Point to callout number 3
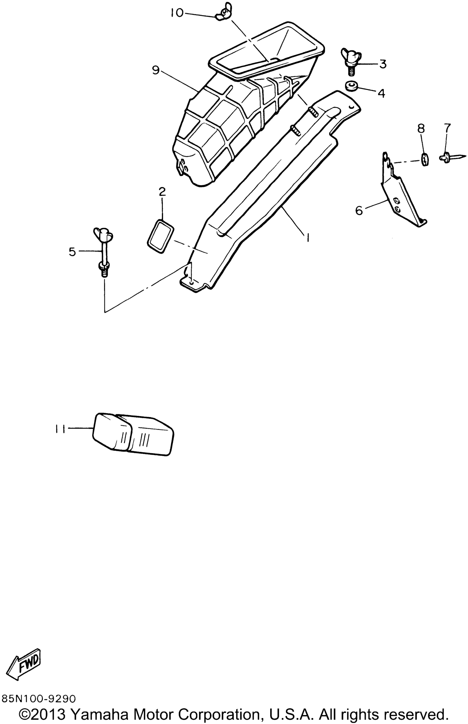pyautogui.click(x=382, y=64)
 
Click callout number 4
pyautogui.click(x=381, y=93)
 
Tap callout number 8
pyautogui.click(x=421, y=129)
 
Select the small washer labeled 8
pyautogui.click(x=425, y=159)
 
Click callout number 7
pyautogui.click(x=447, y=128)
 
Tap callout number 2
pyautogui.click(x=162, y=192)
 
